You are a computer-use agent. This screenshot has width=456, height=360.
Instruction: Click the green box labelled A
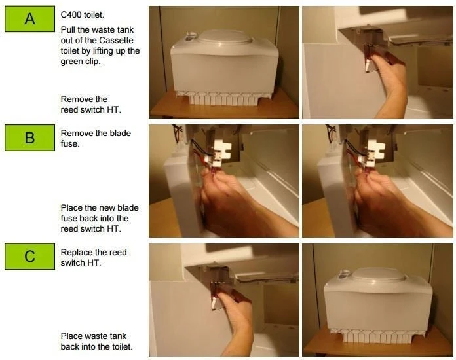(x=29, y=19)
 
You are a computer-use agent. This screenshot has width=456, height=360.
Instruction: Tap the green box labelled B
(x=29, y=137)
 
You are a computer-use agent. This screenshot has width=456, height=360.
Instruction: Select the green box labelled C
(x=29, y=257)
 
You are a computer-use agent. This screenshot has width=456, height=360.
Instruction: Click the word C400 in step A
(x=71, y=15)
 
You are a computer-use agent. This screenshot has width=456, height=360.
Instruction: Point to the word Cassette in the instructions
(x=117, y=40)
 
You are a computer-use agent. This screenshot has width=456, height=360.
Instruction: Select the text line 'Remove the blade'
(x=96, y=134)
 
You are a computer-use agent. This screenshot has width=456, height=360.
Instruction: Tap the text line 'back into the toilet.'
(x=96, y=347)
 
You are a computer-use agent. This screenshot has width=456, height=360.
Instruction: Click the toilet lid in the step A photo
(x=225, y=37)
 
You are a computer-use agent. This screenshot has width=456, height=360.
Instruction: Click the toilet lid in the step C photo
(x=379, y=274)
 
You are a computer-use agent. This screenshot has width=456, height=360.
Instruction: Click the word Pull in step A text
(x=67, y=29)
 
